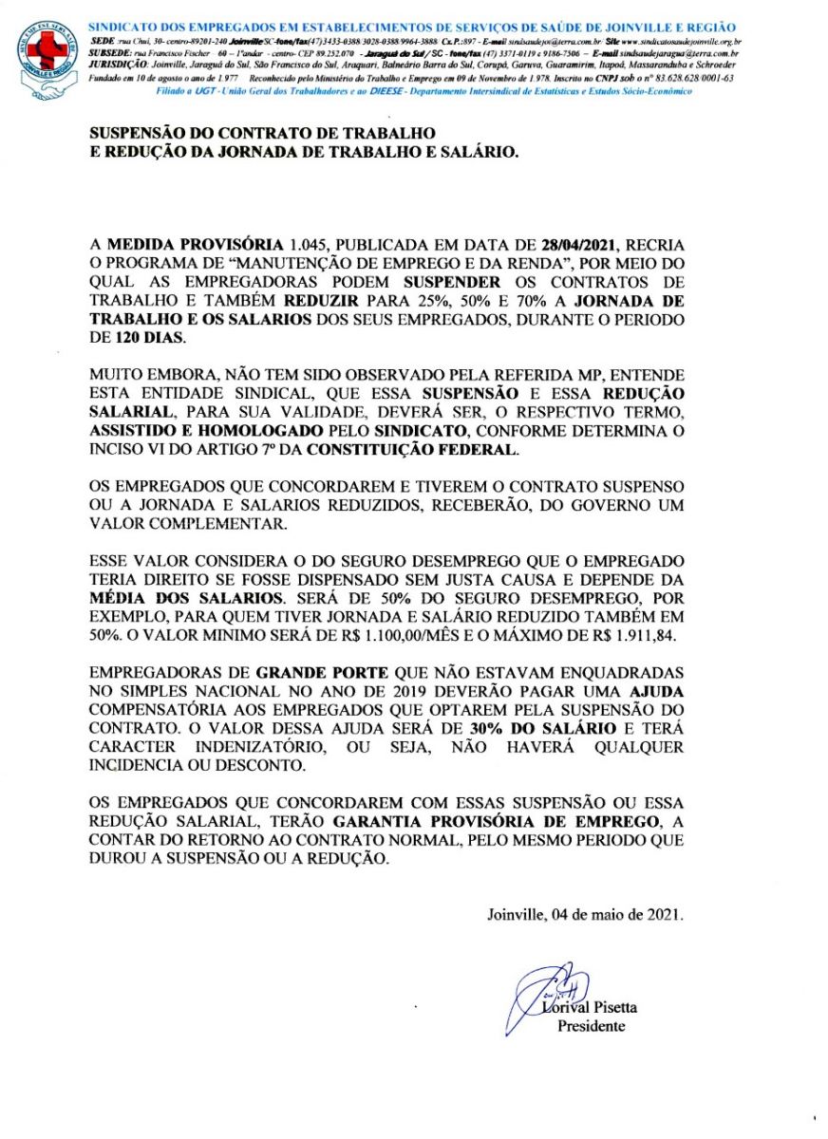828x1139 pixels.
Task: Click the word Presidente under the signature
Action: tap(591, 1026)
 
